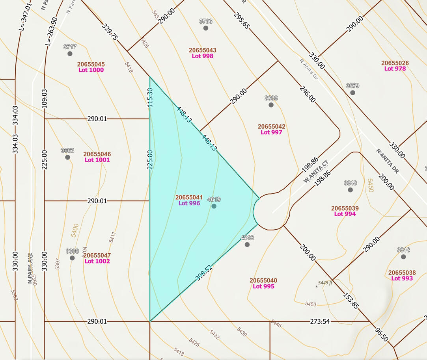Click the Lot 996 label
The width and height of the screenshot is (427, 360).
click(x=189, y=203)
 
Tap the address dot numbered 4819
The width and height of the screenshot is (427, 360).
click(x=214, y=206)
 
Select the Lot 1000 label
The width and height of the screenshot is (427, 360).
click(x=91, y=70)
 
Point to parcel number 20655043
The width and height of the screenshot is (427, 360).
click(x=202, y=50)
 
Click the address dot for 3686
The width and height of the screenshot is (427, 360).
click(x=271, y=105)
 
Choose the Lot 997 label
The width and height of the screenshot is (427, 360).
click(x=271, y=132)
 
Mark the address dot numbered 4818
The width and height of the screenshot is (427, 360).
click(x=247, y=245)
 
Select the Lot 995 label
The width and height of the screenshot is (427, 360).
click(x=263, y=286)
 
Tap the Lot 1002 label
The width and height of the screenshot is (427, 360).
click(x=97, y=261)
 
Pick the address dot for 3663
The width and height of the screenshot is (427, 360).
click(x=67, y=157)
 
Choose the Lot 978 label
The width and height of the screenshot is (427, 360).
click(x=395, y=69)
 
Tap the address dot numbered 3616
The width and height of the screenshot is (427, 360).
click(x=403, y=257)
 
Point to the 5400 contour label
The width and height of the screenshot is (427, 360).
click(x=75, y=230)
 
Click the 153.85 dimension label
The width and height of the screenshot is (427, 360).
click(x=351, y=301)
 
